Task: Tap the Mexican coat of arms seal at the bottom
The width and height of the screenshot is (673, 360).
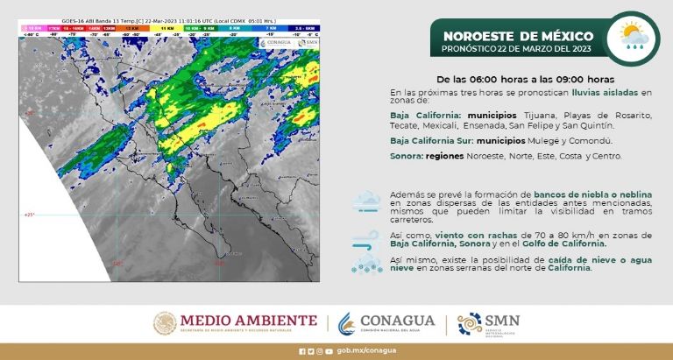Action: click(166, 324)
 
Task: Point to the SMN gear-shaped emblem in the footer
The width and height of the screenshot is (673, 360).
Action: click(470, 324)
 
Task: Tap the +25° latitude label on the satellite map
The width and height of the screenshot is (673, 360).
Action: click(27, 214)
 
